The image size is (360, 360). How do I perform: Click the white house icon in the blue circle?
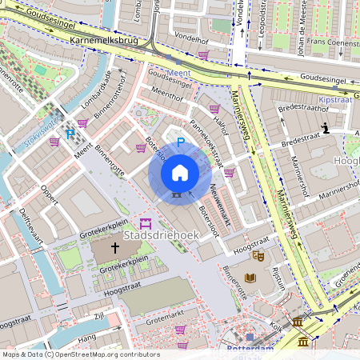(x=180, y=172)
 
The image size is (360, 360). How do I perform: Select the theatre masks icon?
(x=258, y=255)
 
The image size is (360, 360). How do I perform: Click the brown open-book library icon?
(x=250, y=278)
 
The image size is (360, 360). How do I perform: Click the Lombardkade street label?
(x=95, y=89)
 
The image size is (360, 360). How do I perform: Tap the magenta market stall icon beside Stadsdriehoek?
(x=145, y=222)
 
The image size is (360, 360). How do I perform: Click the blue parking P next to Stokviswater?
(x=70, y=134)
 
